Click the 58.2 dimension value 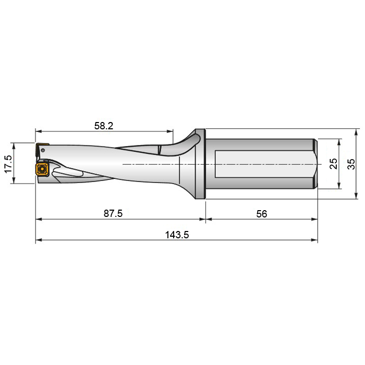coord(104,126)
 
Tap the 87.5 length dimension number coord(113,214)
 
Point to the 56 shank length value coord(262,214)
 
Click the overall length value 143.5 coord(177,235)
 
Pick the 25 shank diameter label coord(334,164)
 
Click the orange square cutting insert coord(41,169)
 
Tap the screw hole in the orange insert coord(41,169)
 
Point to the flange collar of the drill coord(200,164)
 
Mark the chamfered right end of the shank coord(315,164)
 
